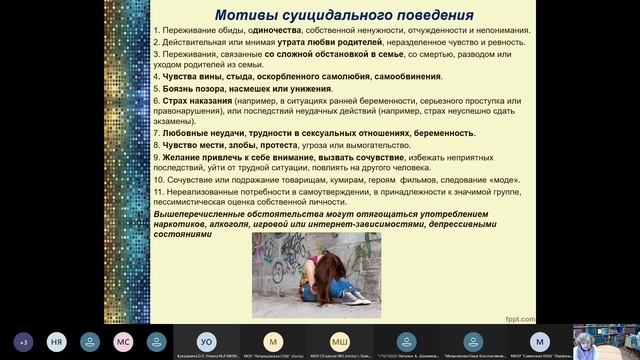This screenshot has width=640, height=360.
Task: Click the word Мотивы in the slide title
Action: tap(248, 14)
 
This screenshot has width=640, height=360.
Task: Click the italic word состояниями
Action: tap(184, 237)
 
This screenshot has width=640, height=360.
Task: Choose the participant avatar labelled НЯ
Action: tap(56, 340)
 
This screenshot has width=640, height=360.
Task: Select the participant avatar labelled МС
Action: tap(123, 340)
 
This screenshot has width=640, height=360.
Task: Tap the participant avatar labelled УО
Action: tap(207, 340)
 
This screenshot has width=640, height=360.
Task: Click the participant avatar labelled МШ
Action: tap(340, 340)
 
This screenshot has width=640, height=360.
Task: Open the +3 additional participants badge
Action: tap(22, 340)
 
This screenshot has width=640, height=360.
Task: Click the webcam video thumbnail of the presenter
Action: tap(606, 340)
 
